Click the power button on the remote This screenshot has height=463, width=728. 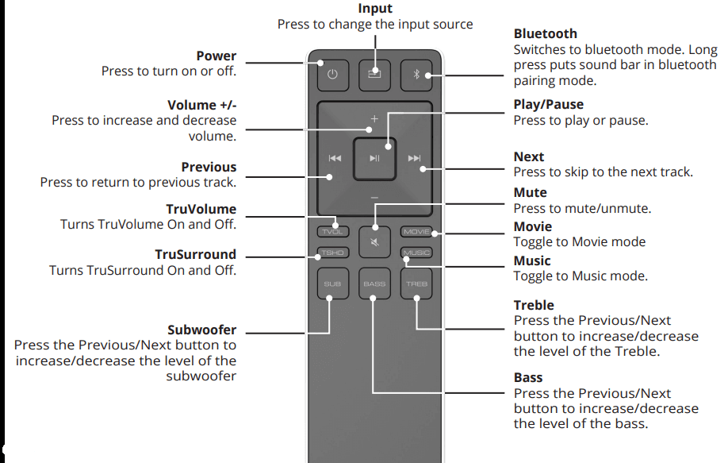tap(332, 75)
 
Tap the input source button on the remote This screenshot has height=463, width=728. tap(374, 75)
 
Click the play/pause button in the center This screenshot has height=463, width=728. tap(374, 159)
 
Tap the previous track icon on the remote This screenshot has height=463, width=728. tap(335, 159)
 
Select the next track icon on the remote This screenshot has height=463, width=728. tap(414, 159)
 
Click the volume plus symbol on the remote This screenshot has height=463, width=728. tap(374, 119)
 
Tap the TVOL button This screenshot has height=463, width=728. tap(332, 232)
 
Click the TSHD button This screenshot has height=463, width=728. tap(332, 253)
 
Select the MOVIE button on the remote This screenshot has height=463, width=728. tap(416, 232)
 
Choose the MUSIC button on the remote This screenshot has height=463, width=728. tap(416, 253)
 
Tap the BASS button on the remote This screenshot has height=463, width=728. tap(374, 284)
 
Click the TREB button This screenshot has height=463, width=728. tap(416, 284)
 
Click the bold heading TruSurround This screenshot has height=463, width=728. tap(195, 255)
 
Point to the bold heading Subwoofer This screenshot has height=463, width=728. tap(202, 330)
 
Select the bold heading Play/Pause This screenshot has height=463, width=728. tap(548, 105)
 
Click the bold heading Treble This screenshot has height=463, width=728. tap(534, 306)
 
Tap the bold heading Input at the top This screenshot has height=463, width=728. tap(375, 9)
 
